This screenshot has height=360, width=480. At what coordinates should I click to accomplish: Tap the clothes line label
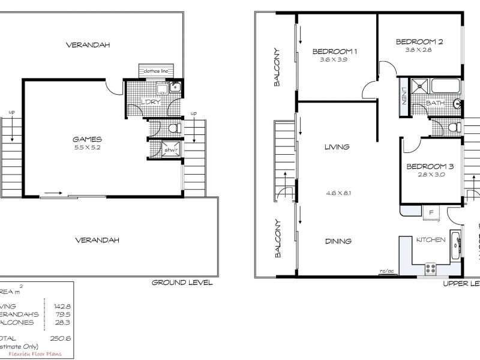tap(155, 71)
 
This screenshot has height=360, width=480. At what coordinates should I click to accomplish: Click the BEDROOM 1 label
tap(335, 52)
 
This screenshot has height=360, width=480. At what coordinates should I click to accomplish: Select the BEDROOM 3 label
tap(430, 166)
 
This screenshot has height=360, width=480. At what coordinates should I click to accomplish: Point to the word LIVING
tap(337, 147)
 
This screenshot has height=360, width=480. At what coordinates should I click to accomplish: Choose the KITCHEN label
tap(431, 240)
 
